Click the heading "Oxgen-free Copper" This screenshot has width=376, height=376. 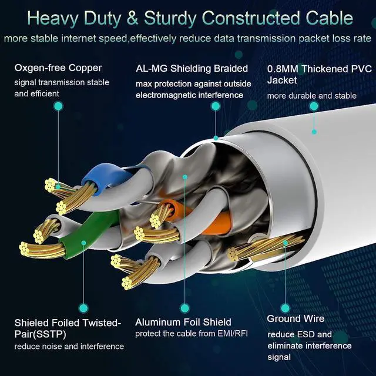(58, 68)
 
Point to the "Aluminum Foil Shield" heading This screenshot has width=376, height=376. (183, 322)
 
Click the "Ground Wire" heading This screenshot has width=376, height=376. (296, 319)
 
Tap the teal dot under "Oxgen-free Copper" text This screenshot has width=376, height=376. (58, 106)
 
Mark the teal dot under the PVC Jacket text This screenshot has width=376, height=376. (315, 106)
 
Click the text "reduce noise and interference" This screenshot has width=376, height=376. (69, 347)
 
